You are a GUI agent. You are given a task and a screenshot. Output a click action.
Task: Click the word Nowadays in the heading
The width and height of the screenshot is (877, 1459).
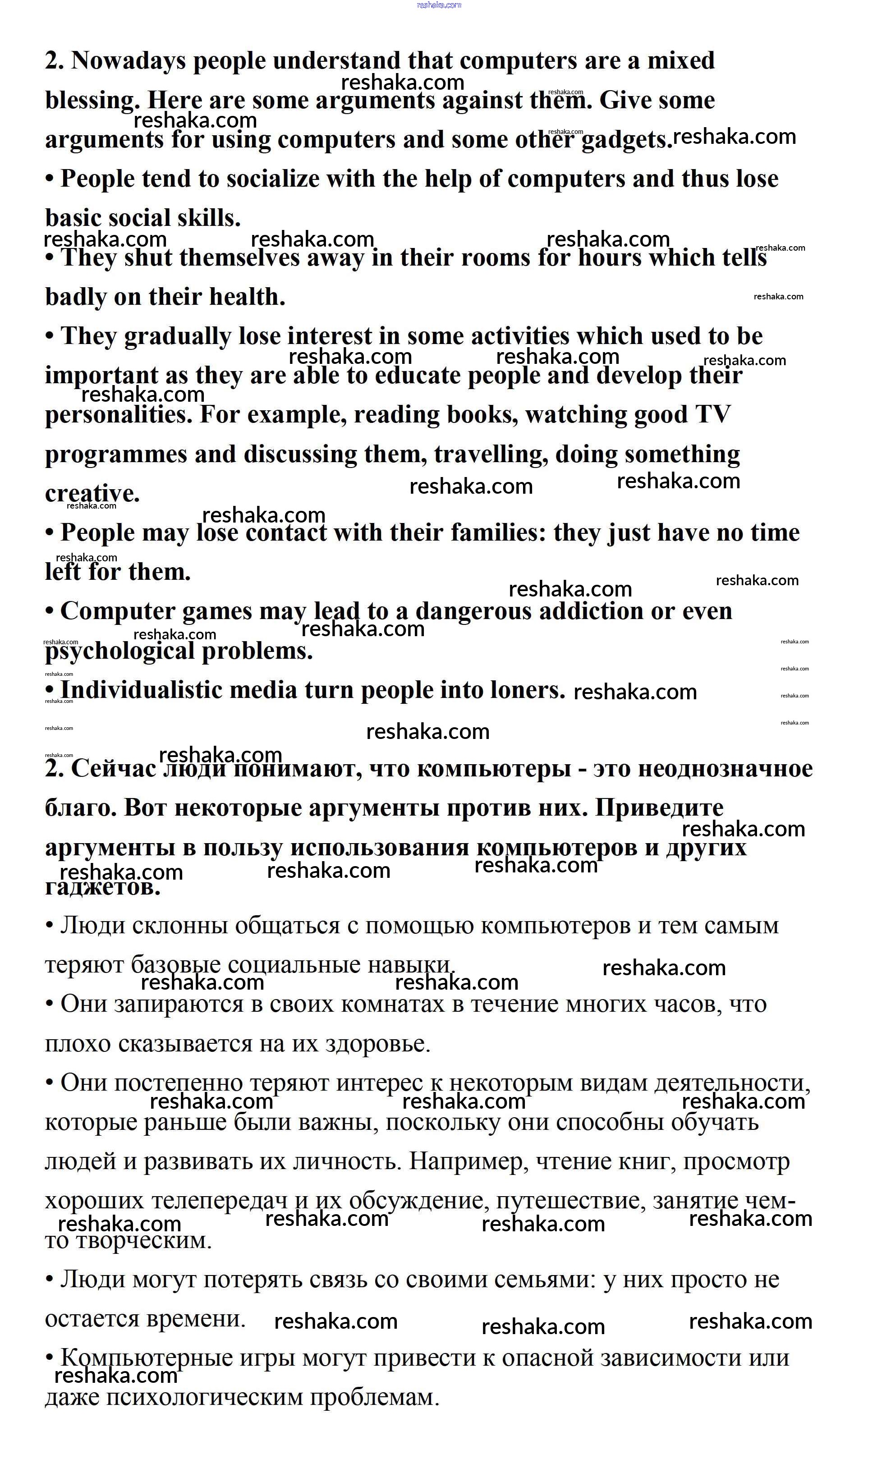coord(128,61)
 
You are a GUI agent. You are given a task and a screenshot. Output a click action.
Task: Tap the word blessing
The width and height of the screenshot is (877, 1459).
coord(92,101)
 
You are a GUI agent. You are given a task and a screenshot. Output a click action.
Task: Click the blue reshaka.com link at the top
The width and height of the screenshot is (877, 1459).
coord(438,5)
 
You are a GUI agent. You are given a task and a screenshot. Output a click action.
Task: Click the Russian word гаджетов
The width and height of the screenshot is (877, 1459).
coord(102,887)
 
